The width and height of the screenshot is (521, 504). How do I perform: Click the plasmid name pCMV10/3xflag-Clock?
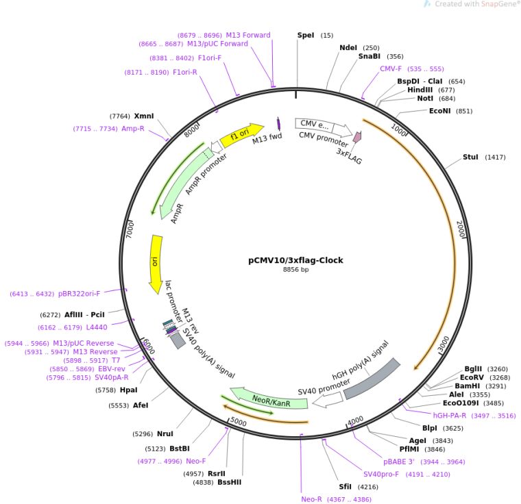pyautogui.click(x=295, y=260)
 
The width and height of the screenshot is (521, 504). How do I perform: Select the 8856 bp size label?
pyautogui.click(x=295, y=270)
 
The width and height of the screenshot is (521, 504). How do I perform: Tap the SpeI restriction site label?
pyautogui.click(x=306, y=35)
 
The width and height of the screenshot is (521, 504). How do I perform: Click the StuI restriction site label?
pyautogui.click(x=470, y=157)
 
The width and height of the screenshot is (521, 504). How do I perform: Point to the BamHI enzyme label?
pyautogui.click(x=466, y=386)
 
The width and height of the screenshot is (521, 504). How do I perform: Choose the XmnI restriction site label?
pyautogui.click(x=144, y=116)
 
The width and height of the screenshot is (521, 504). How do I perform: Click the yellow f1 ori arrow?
pyautogui.click(x=245, y=132)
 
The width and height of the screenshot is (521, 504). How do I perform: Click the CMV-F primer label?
pyautogui.click(x=391, y=68)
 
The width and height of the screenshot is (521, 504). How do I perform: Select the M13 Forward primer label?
pyautogui.click(x=248, y=36)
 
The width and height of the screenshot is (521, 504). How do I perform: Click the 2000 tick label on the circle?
pyautogui.click(x=461, y=229)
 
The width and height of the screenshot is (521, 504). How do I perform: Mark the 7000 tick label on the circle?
pyautogui.click(x=130, y=229)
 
